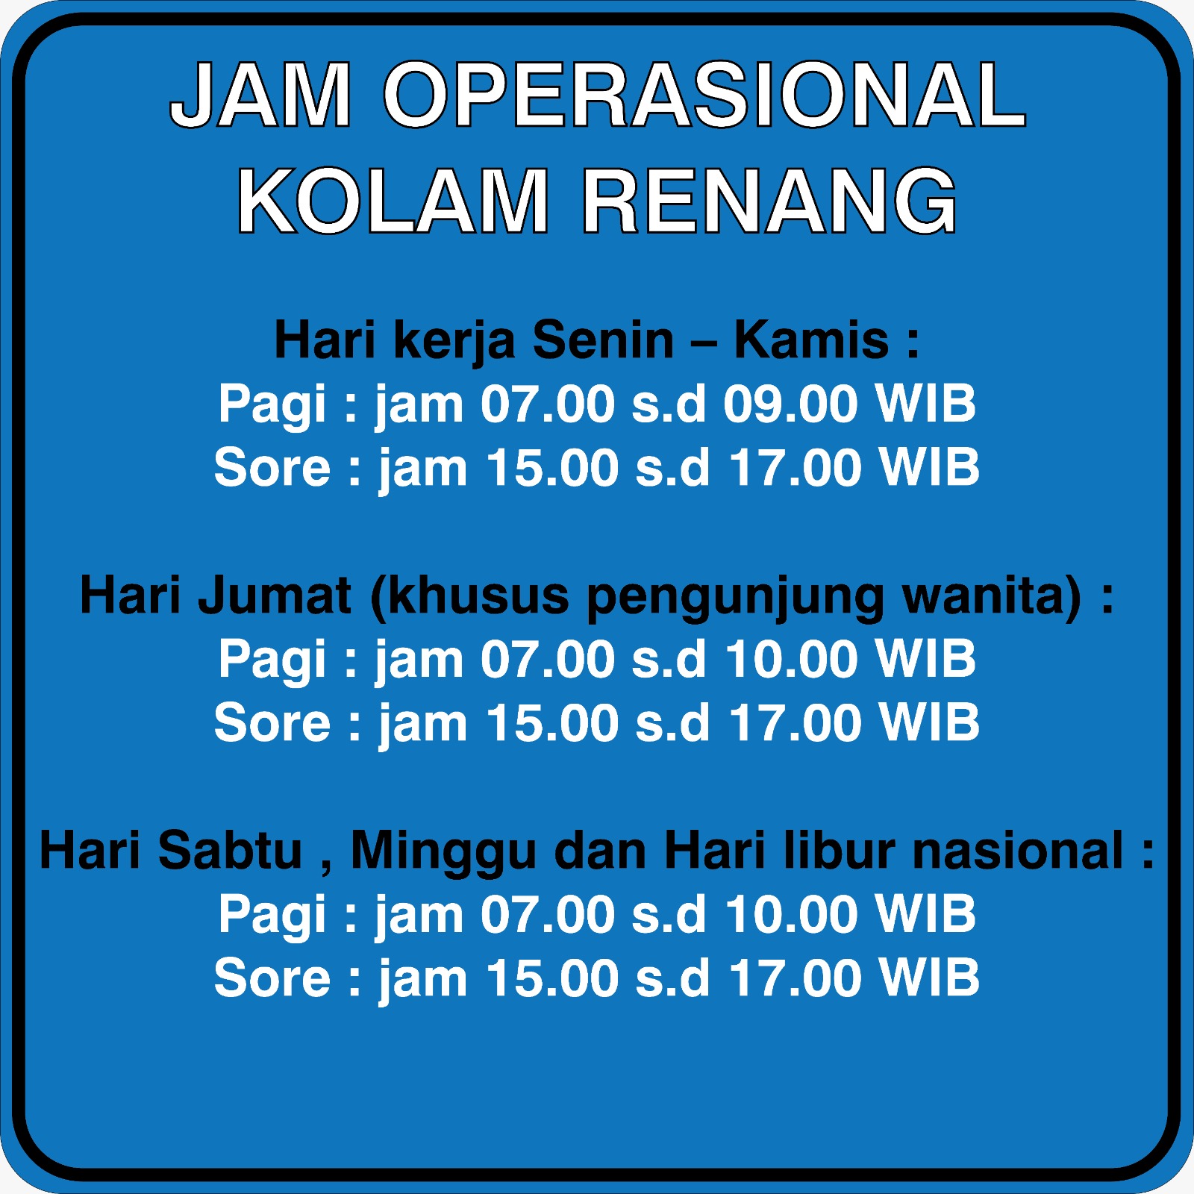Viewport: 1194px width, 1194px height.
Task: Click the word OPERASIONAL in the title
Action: (704, 95)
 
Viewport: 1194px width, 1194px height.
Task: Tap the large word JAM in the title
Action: (260, 95)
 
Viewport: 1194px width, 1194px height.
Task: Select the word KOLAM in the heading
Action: (393, 201)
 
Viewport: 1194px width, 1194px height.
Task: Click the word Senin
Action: (603, 340)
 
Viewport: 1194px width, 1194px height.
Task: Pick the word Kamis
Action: (811, 340)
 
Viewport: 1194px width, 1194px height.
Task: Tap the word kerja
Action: (454, 341)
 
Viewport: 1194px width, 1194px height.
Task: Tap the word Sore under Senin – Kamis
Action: (272, 468)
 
